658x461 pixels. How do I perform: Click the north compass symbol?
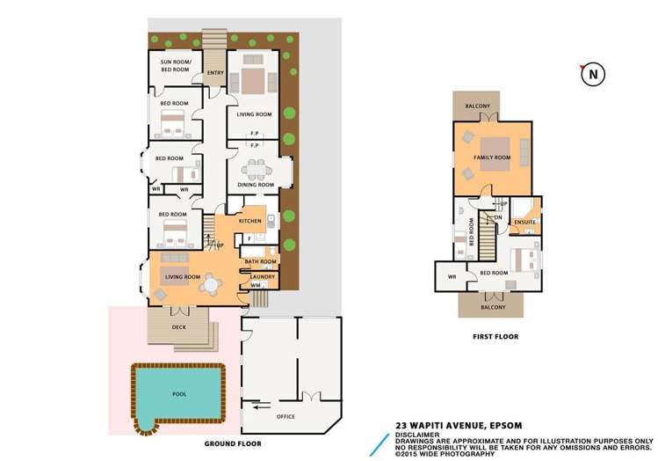(592, 75)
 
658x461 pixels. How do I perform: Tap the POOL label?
(179, 394)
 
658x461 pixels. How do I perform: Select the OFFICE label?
(286, 416)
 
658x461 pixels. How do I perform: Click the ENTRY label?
(215, 73)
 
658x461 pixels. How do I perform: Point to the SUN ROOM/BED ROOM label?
(176, 66)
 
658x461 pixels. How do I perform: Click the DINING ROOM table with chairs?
(257, 170)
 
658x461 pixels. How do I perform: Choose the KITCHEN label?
(249, 221)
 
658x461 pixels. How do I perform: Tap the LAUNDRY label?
(263, 277)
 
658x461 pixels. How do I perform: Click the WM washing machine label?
(256, 285)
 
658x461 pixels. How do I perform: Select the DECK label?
(178, 327)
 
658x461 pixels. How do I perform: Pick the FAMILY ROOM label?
(492, 157)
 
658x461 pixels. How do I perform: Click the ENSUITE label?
(525, 222)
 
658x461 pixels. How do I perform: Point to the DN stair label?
(498, 217)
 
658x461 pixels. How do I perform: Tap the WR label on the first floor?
(452, 277)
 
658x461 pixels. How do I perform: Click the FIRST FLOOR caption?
(495, 337)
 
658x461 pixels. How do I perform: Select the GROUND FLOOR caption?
(233, 443)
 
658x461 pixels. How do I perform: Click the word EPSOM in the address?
(505, 426)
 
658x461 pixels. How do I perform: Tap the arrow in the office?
(262, 406)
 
